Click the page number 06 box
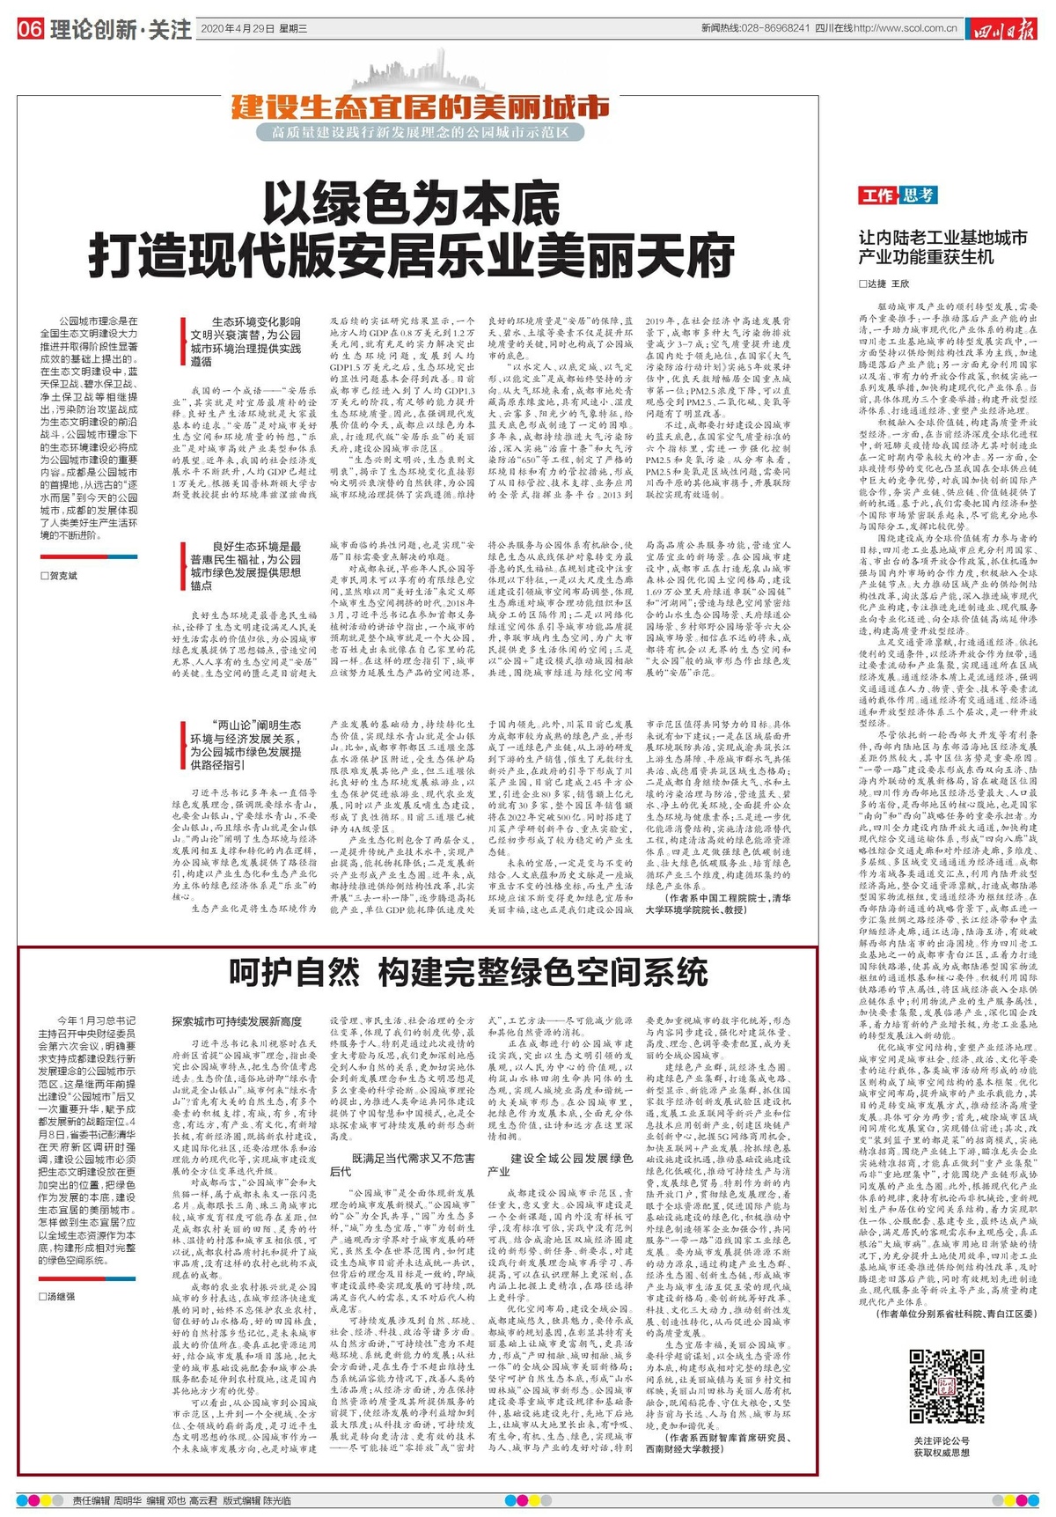tap(29, 29)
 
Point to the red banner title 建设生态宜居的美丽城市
tap(421, 107)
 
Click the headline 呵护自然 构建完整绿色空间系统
tap(468, 972)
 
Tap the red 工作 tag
tap(877, 195)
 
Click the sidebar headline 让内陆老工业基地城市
tap(942, 238)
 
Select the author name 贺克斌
tap(62, 576)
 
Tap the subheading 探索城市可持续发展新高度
tap(237, 1021)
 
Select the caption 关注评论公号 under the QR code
tap(941, 1440)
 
